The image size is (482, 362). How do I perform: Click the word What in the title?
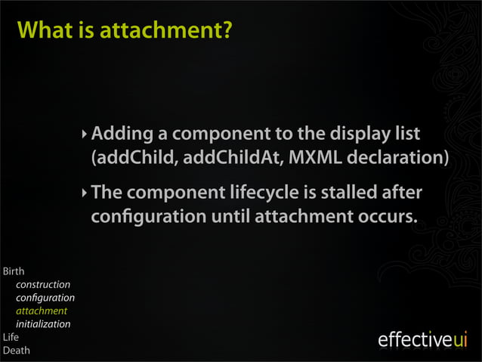click(44, 31)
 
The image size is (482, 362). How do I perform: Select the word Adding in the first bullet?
click(122, 135)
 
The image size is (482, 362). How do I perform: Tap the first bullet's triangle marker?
click(85, 136)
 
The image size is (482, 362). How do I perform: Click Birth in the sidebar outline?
click(14, 271)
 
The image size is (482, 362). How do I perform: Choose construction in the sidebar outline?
click(43, 285)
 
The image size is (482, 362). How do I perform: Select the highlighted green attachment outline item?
click(42, 311)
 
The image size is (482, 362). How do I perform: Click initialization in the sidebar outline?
click(43, 324)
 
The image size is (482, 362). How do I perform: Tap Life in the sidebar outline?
click(11, 337)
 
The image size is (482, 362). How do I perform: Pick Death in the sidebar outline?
click(17, 350)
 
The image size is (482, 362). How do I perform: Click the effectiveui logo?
click(422, 340)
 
